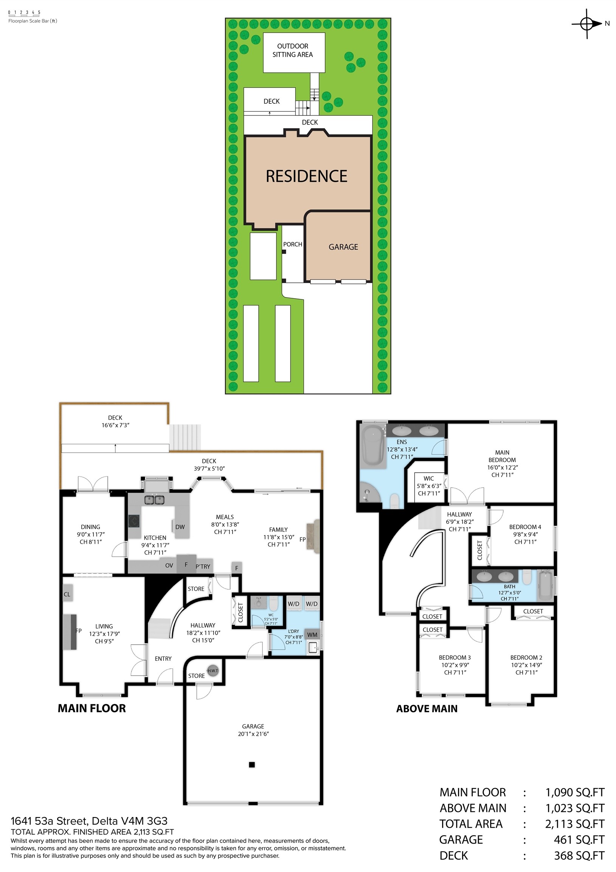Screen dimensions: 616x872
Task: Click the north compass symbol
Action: pyautogui.click(x=587, y=24)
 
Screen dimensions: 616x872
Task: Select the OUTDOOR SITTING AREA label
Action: pyautogui.click(x=293, y=50)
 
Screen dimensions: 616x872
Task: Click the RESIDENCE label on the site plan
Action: pyautogui.click(x=306, y=176)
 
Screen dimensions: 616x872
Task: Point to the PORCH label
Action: pyautogui.click(x=293, y=244)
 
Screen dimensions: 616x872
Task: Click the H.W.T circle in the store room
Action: pyautogui.click(x=213, y=671)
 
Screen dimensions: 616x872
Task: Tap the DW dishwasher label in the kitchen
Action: pyautogui.click(x=180, y=527)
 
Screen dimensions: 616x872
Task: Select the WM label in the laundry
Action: pyautogui.click(x=312, y=635)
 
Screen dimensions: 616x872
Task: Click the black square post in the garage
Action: pyautogui.click(x=251, y=765)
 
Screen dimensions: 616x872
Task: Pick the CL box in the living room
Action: pyautogui.click(x=67, y=594)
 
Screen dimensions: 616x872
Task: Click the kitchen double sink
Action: pyautogui.click(x=155, y=500)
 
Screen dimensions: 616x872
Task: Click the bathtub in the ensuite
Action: pyautogui.click(x=373, y=445)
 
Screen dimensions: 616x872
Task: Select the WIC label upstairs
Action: pyautogui.click(x=428, y=478)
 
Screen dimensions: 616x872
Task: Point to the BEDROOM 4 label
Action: pyautogui.click(x=525, y=527)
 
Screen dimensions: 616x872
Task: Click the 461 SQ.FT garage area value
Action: pyautogui.click(x=579, y=840)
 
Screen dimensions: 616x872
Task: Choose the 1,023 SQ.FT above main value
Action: pyautogui.click(x=575, y=808)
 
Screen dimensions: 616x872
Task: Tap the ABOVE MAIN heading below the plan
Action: pyautogui.click(x=427, y=709)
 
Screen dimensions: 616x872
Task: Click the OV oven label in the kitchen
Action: pyautogui.click(x=169, y=565)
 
